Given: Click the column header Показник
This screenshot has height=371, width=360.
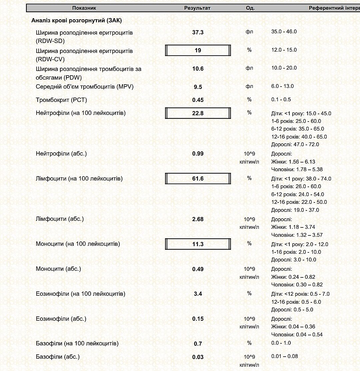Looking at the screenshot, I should (x=84, y=8).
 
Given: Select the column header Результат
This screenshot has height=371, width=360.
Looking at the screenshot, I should (x=197, y=8).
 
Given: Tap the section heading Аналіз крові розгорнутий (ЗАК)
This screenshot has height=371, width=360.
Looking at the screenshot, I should (x=76, y=20).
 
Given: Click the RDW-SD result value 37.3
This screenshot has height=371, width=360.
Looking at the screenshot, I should (x=198, y=32).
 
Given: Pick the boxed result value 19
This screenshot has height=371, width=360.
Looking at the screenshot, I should (x=198, y=50).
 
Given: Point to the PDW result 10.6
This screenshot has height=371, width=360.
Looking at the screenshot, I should (x=198, y=69).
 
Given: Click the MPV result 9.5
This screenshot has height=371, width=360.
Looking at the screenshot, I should (x=198, y=87).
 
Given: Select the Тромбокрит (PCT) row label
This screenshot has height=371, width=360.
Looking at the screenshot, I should (x=61, y=100).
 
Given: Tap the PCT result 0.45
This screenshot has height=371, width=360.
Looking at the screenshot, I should (x=198, y=100).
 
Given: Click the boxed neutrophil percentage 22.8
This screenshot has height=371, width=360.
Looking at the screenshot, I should (x=198, y=113).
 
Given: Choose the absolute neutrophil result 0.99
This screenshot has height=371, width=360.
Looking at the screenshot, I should (x=198, y=154).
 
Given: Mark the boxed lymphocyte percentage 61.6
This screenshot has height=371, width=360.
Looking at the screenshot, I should (x=198, y=179).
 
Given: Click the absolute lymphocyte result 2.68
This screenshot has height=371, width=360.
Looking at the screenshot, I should (x=198, y=219).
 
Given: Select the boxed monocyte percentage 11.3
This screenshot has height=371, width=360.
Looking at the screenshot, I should (x=198, y=244).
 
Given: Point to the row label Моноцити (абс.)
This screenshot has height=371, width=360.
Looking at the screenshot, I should (x=58, y=268).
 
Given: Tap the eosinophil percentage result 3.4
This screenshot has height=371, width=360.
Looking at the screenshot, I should (x=198, y=294).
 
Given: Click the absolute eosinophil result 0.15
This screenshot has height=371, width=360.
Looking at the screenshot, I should (x=198, y=319).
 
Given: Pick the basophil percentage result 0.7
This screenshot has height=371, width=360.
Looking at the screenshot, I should (x=198, y=344).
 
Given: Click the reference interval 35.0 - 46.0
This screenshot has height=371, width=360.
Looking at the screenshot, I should (x=284, y=32).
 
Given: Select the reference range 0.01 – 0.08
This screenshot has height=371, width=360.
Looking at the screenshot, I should (x=284, y=356).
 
